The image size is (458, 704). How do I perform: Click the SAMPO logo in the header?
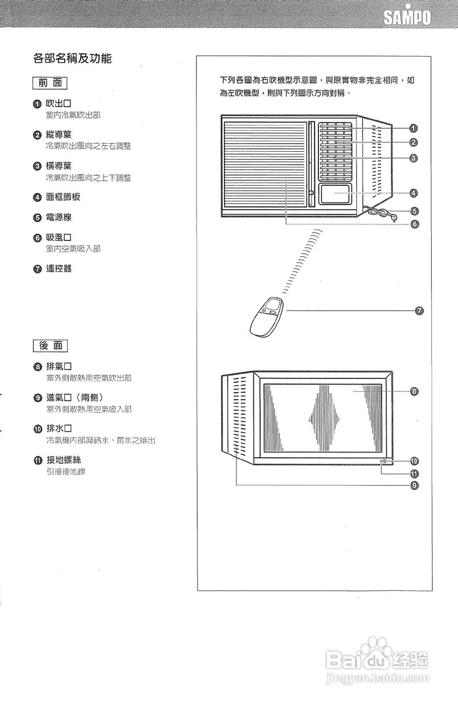(407, 19)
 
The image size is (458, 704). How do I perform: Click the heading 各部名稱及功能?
(73, 58)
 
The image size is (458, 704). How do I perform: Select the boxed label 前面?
(50, 83)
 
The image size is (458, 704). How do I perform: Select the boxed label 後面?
(50, 345)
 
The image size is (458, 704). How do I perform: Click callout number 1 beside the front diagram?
(413, 128)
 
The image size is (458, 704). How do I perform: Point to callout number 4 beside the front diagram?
(413, 193)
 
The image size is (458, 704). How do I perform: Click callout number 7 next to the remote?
(419, 311)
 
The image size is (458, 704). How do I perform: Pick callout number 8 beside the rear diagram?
(414, 391)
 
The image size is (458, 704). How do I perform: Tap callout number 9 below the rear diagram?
(414, 485)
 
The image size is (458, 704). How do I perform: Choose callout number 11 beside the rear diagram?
(414, 474)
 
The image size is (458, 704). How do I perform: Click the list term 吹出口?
(58, 103)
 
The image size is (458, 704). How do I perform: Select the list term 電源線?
(58, 217)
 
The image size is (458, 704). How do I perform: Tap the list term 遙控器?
(58, 269)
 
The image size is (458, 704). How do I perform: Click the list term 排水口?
(59, 428)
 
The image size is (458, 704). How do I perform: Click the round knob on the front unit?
(312, 193)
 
